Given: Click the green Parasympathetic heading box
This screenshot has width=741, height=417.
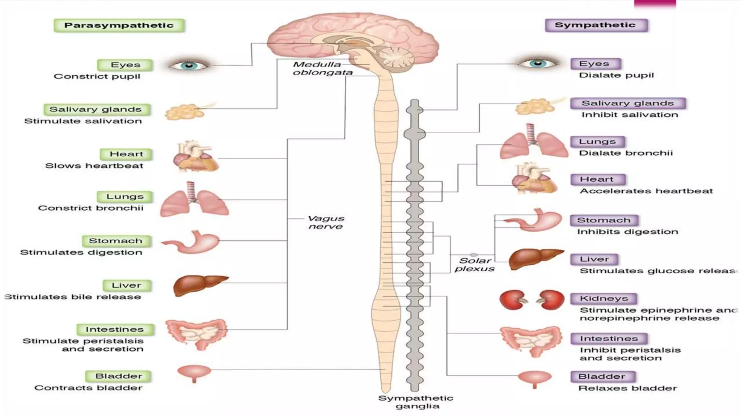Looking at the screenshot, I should pos(119,25).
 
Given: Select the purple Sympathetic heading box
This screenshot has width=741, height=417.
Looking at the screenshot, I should pos(596,25).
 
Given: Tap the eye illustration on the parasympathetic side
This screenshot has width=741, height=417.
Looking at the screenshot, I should pos(189,66).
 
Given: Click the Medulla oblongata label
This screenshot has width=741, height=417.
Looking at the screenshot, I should pos(322,68).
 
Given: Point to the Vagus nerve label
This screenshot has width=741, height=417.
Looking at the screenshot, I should pos(326,222).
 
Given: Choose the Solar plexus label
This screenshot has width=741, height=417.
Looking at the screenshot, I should pos(475,265).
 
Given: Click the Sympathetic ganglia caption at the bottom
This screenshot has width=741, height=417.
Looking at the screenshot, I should pos(416,402).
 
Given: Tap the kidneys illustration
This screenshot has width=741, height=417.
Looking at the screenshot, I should pos(532,300).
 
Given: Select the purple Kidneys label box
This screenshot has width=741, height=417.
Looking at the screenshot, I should pos(604,298).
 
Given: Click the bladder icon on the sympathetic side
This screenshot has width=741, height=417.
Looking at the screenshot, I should pos(535,378).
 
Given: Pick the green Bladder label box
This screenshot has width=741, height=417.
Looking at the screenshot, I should pos(119,376).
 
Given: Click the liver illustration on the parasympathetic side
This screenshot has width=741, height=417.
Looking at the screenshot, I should pos(199,285).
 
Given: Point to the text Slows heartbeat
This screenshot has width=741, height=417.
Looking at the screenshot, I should pos(94,166).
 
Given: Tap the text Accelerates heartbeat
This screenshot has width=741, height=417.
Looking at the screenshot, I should pos(646,191).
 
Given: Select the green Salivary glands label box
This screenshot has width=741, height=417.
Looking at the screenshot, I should pos(96,109).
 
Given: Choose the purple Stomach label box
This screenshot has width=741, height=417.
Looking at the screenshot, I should pos(604,220).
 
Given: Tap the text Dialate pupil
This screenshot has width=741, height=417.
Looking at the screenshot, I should pos(617,75).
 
